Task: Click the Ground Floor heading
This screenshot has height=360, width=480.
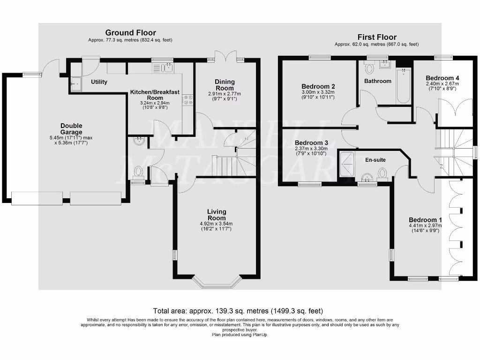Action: click(130, 33)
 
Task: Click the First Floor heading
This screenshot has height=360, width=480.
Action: click(377, 37)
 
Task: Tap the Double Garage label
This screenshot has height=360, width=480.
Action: click(71, 129)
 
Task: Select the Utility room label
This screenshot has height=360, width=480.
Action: click(99, 82)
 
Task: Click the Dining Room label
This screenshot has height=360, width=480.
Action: click(224, 85)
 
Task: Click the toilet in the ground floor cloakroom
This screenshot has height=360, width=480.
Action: click(138, 173)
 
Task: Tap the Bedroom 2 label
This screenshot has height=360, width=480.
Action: click(318, 86)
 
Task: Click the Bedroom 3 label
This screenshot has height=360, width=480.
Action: click(311, 142)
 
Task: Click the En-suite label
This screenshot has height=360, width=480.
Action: click(375, 160)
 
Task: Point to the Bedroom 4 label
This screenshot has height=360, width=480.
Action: click(439, 78)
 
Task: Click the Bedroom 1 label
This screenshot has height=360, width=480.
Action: click(425, 220)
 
